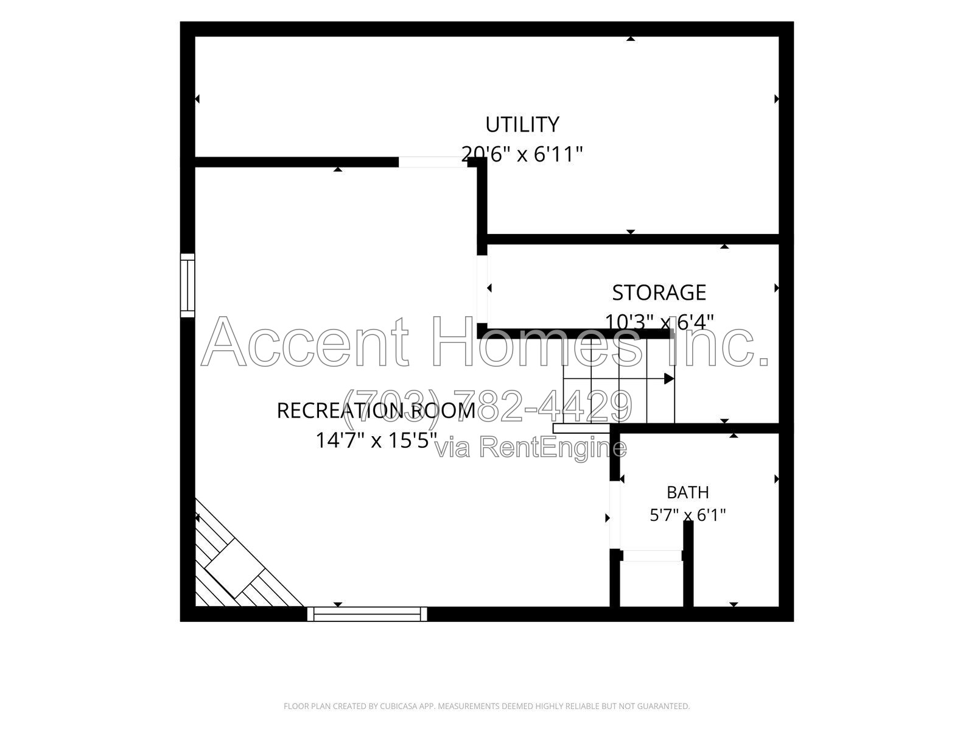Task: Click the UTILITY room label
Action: point(522,125)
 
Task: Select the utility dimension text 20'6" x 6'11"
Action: point(522,155)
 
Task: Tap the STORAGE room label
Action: point(659,293)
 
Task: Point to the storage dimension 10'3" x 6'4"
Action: point(659,322)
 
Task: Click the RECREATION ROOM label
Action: point(376,411)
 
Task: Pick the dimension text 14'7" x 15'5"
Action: point(376,440)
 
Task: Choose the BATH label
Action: point(688,492)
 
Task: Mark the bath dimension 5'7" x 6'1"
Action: point(688,515)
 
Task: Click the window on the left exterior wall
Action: point(187,285)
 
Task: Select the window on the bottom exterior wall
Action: point(367,614)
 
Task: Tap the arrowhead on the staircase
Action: point(669,378)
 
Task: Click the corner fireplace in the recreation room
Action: point(240,563)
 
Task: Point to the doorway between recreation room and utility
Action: point(433,162)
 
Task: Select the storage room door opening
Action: point(482,289)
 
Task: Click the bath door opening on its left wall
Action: point(615,515)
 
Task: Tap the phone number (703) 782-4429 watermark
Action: point(488,406)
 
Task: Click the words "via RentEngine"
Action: point(531,447)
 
